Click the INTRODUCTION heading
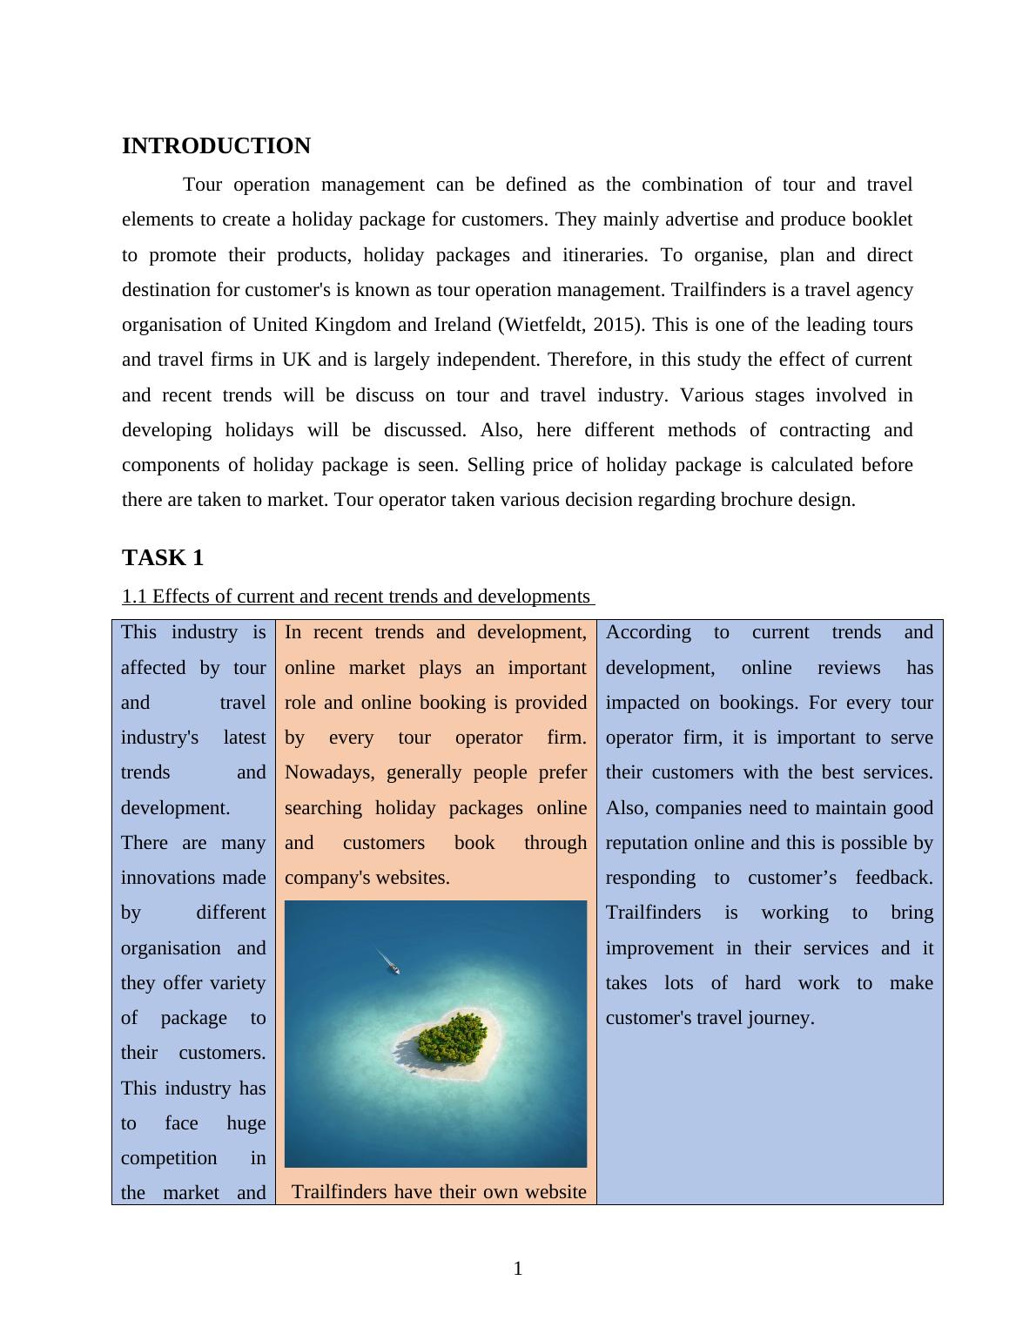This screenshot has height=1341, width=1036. click(216, 146)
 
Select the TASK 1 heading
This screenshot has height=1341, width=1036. click(163, 558)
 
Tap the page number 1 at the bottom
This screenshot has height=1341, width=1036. click(518, 1269)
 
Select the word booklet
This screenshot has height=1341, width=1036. click(880, 219)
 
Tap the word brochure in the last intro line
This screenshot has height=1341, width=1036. click(749, 500)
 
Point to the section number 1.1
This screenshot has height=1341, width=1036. click(134, 596)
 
